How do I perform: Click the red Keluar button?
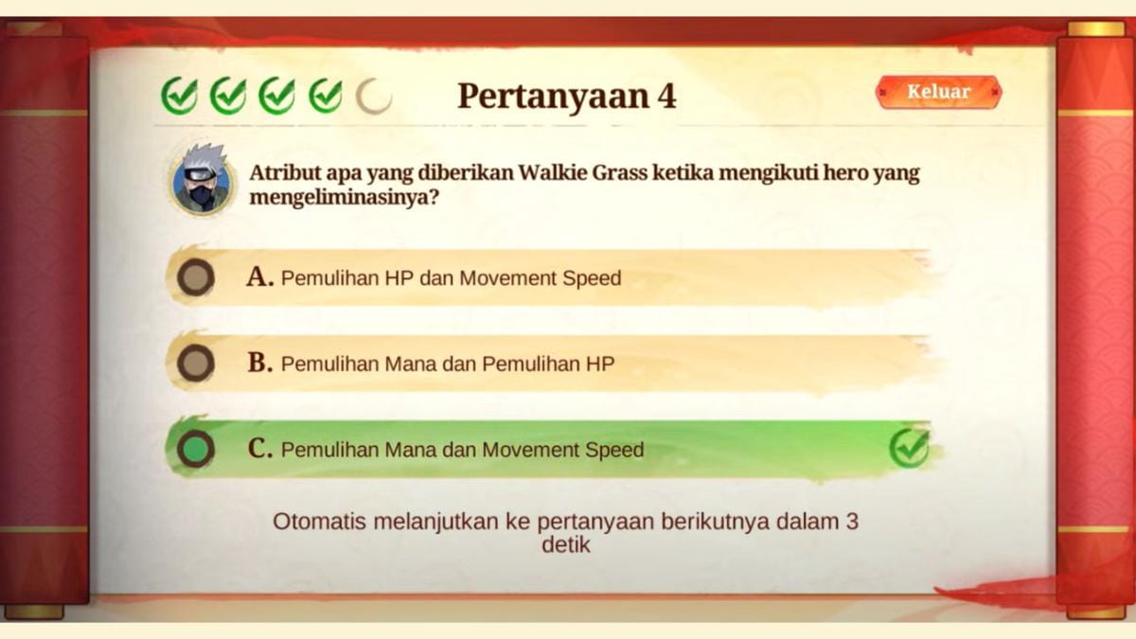(x=938, y=92)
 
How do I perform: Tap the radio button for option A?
(x=195, y=277)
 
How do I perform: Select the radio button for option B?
(x=195, y=363)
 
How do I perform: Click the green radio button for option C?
(x=195, y=449)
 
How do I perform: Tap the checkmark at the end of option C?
(x=909, y=448)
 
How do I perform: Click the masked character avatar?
(x=201, y=179)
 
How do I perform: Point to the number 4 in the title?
(x=666, y=96)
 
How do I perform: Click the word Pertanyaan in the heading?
(x=553, y=97)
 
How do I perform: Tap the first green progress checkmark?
(x=179, y=96)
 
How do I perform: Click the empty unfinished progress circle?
(x=374, y=96)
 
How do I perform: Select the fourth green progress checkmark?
(x=326, y=96)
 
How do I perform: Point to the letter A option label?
(x=258, y=276)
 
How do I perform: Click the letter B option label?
(x=258, y=363)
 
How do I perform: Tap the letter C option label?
(x=258, y=449)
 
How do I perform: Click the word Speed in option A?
(x=591, y=278)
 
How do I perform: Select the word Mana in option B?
(x=412, y=364)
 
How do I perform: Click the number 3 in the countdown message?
(x=850, y=521)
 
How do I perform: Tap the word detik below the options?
(x=566, y=545)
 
